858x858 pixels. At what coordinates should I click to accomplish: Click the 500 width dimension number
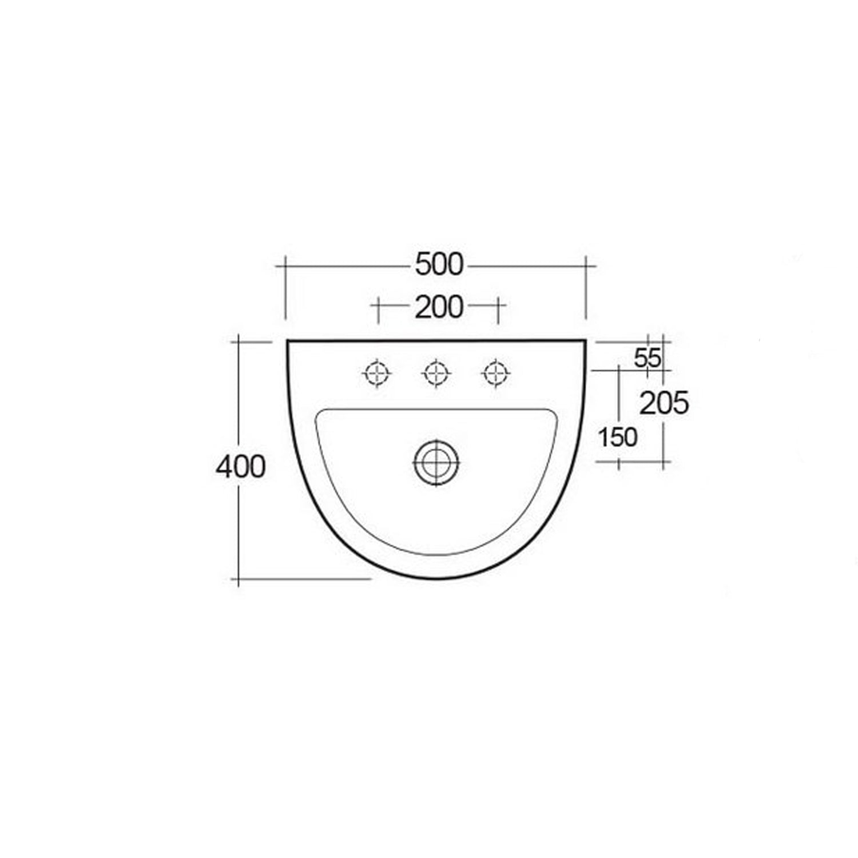(x=439, y=265)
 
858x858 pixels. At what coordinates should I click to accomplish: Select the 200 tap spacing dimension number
(x=439, y=308)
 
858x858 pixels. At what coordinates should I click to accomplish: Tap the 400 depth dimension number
(x=241, y=467)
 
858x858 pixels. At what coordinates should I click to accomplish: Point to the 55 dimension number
(x=648, y=359)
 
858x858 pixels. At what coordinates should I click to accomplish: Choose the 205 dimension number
(x=664, y=404)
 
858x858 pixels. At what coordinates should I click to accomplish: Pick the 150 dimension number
(x=617, y=438)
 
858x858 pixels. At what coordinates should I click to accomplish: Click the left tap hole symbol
(x=377, y=374)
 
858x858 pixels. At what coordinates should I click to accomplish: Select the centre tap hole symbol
(x=436, y=374)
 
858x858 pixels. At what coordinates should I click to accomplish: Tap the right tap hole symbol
(x=496, y=374)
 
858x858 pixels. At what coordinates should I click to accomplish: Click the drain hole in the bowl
(x=436, y=462)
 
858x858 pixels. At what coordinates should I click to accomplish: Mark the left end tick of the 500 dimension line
(x=285, y=266)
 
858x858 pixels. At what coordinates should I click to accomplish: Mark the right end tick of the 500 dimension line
(x=586, y=266)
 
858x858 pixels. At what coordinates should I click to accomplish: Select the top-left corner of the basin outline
(x=288, y=341)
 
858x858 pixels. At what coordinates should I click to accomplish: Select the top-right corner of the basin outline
(x=586, y=341)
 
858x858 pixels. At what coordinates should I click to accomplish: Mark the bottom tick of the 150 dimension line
(x=619, y=462)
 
